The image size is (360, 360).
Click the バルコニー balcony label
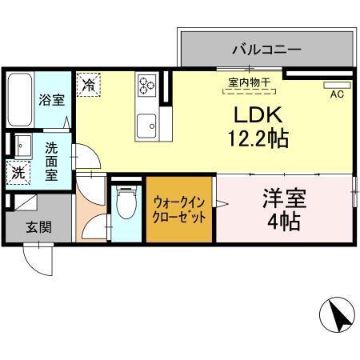click(266, 49)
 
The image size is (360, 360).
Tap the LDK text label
click(256, 113)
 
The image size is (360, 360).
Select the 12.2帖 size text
click(256, 138)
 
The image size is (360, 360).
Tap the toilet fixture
click(126, 205)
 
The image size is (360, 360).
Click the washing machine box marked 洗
click(18, 172)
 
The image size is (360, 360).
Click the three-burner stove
click(148, 83)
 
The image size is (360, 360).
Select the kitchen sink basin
click(146, 126)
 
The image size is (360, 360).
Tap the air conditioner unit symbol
click(337, 83)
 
